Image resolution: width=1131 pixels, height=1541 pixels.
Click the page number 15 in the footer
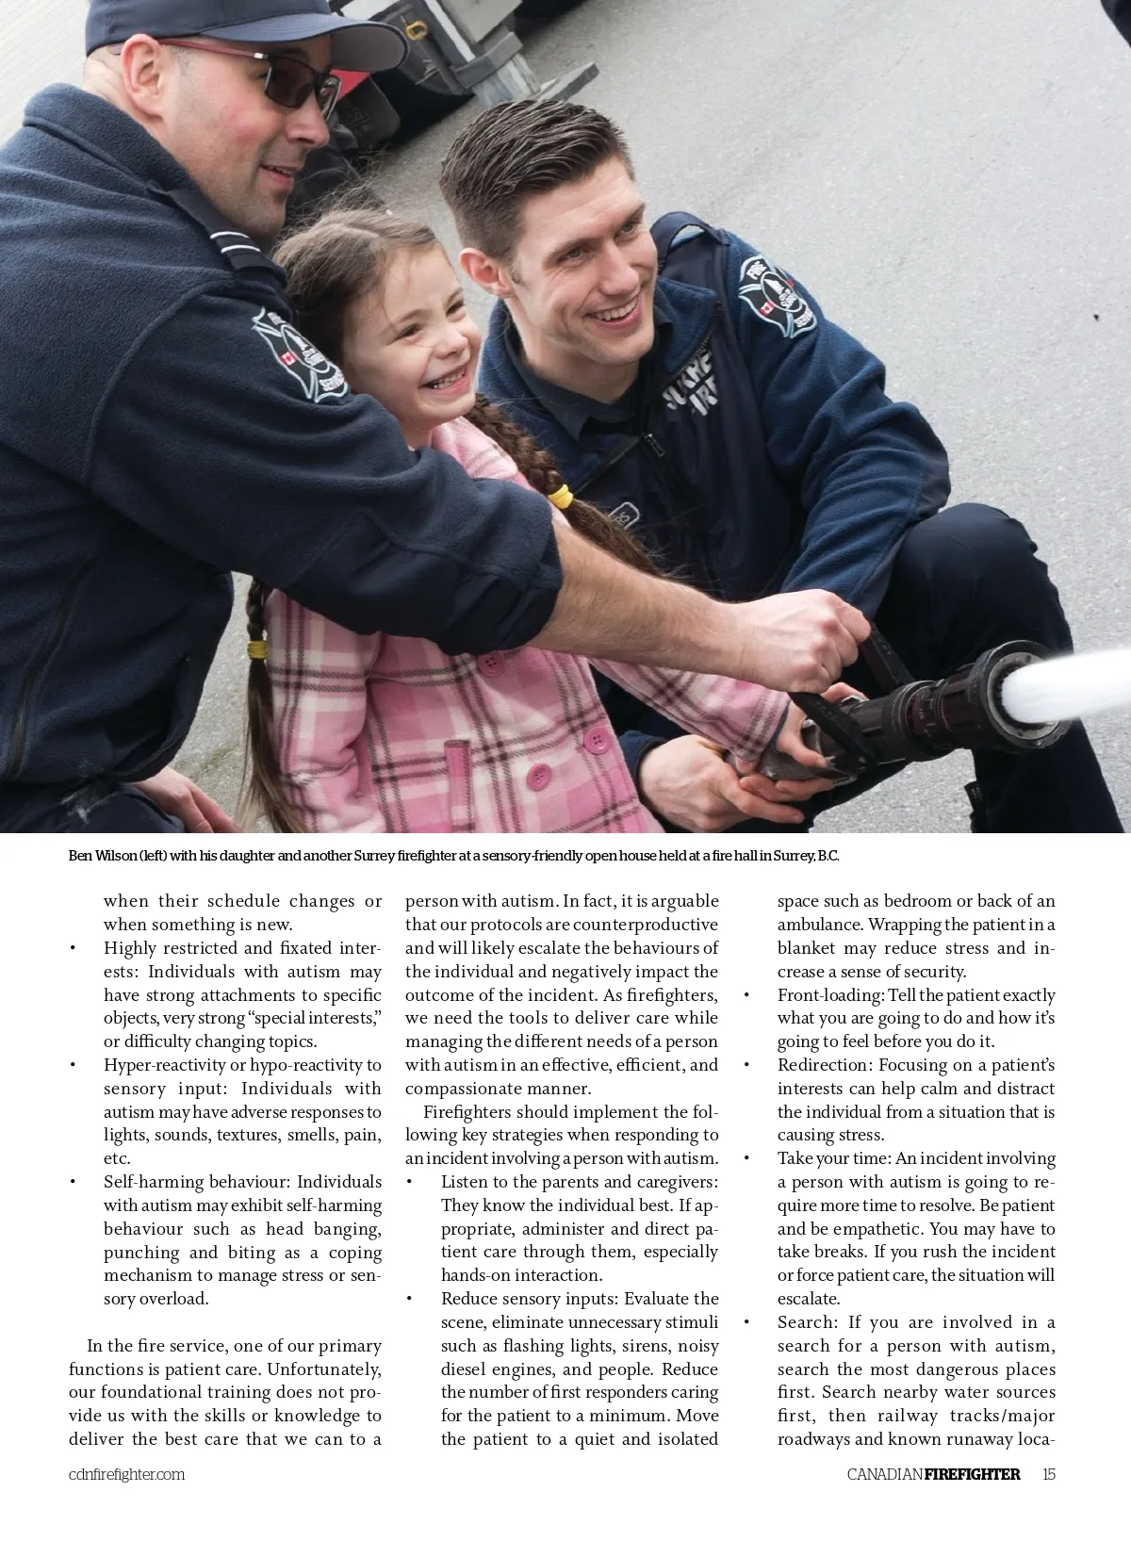click(x=1049, y=1474)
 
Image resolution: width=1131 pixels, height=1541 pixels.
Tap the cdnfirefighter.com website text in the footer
click(x=126, y=1475)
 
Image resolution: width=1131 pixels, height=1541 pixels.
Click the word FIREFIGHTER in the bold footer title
click(x=972, y=1474)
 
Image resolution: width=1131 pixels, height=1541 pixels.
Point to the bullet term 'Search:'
click(x=807, y=1322)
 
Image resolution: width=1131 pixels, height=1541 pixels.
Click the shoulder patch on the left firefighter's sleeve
click(x=300, y=352)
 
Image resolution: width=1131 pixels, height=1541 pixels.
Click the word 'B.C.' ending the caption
click(x=828, y=856)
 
